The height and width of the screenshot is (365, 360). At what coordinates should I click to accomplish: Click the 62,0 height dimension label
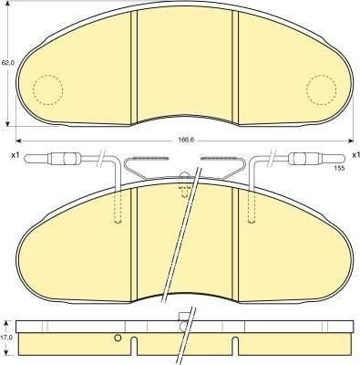[x=6, y=63]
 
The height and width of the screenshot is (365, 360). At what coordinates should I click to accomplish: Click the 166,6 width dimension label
[x=185, y=141]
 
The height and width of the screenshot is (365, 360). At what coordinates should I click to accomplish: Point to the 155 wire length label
[x=340, y=168]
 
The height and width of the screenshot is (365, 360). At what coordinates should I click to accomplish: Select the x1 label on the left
[x=15, y=156]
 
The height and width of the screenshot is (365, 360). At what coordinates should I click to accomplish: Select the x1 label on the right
[x=355, y=155]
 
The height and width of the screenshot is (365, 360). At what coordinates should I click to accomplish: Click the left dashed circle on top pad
[x=47, y=89]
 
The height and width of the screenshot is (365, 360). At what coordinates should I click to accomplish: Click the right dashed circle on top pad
[x=322, y=89]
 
